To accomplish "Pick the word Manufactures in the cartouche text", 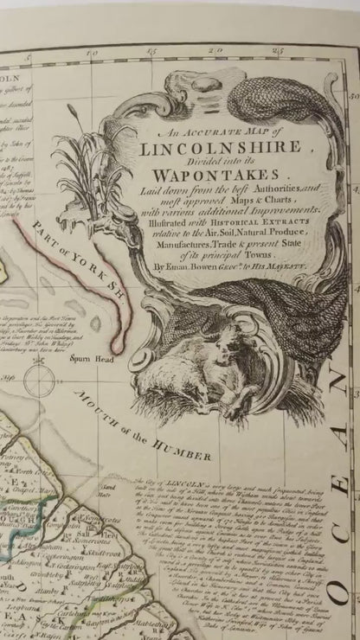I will point(167,245).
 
